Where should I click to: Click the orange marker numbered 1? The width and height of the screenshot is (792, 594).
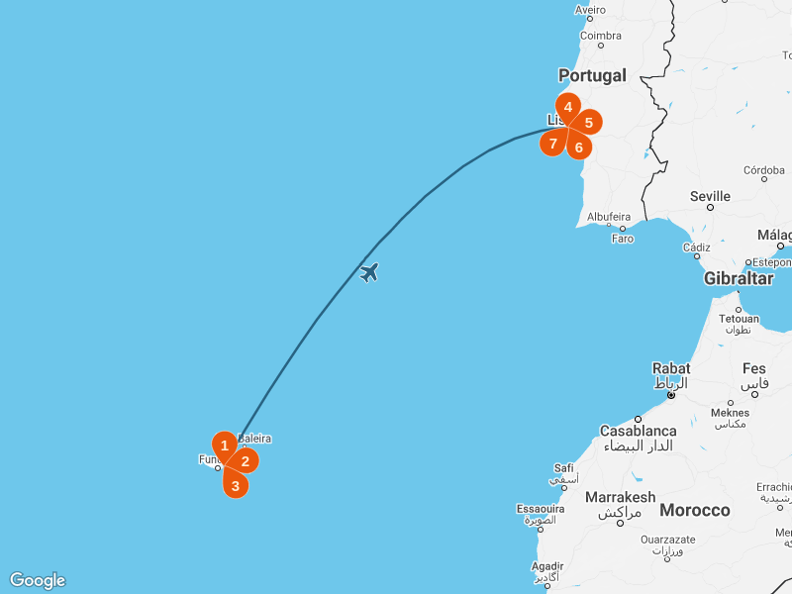tap(225, 445)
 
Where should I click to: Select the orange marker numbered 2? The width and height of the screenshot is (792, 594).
tap(246, 460)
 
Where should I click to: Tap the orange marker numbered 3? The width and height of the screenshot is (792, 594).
tap(235, 484)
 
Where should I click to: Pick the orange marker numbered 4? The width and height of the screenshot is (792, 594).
tap(567, 107)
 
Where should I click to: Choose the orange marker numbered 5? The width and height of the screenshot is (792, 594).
tap(588, 123)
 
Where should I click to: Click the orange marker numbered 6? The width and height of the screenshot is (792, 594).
tap(579, 147)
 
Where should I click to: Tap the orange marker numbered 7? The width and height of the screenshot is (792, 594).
tap(553, 144)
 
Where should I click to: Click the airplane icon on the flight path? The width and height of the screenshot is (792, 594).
tap(369, 271)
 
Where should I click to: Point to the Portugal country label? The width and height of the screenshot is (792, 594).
tap(592, 75)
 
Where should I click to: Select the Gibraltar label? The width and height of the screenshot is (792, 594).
tap(738, 278)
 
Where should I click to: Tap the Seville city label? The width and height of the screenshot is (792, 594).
tap(710, 196)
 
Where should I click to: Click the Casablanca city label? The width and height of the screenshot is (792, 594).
tap(639, 431)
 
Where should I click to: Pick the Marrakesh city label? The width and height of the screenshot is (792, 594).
tap(620, 497)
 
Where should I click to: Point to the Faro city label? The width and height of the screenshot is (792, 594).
tap(623, 239)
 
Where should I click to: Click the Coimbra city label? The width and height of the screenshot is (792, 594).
tap(600, 36)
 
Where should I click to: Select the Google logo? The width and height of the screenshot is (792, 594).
tap(37, 580)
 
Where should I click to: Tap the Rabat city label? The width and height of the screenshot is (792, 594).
tap(671, 368)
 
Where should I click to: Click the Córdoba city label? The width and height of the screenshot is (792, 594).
tap(763, 170)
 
